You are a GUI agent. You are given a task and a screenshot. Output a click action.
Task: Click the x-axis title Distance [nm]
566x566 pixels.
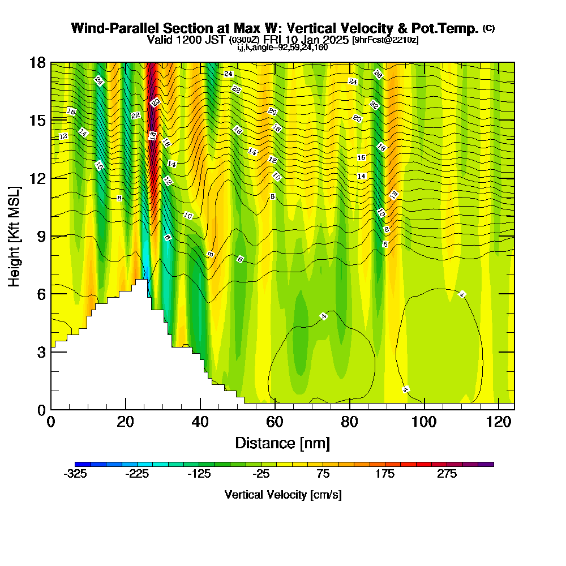pos(282,443)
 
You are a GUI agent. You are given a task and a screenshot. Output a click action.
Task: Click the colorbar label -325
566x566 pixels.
pos(75,474)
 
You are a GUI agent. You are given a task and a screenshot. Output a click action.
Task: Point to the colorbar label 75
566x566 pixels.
pos(323,474)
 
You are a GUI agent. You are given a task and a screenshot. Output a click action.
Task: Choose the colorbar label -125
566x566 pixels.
pos(199,474)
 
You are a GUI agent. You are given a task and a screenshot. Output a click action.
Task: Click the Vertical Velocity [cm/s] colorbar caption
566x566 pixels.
pos(282,495)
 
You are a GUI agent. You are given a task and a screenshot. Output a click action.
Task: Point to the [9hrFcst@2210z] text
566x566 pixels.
pos(385,40)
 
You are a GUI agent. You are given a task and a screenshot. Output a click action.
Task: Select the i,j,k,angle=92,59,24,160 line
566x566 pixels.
pos(282,48)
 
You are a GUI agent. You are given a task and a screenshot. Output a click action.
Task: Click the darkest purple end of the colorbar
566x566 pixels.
pos(490,464)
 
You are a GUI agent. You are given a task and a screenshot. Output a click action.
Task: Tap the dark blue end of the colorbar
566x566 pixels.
pos(78,464)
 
